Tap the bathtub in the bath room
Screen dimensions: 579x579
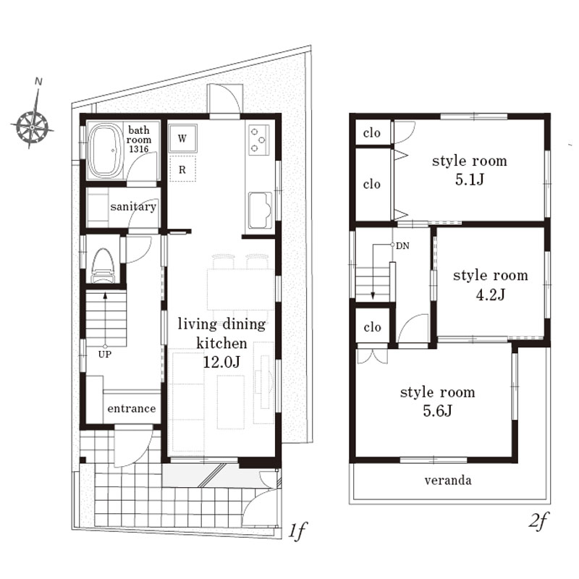[x=106, y=151]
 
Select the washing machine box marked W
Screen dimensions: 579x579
[x=182, y=138]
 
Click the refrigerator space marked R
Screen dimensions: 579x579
[x=182, y=169]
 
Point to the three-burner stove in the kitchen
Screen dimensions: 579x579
[x=258, y=139]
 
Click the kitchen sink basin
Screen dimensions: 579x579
[x=261, y=210]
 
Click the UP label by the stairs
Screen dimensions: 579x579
[x=105, y=355]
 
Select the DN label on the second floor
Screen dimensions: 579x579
[x=402, y=246]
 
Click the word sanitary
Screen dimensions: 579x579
[x=133, y=206]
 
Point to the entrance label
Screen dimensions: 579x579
[x=132, y=408]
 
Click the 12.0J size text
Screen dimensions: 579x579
[x=221, y=363]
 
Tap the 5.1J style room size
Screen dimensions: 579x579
[x=469, y=179]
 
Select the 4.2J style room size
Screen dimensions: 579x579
[x=491, y=295]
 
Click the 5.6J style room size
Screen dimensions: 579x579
[x=438, y=411]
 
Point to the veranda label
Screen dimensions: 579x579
[x=448, y=481]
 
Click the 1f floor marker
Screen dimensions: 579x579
[x=297, y=532]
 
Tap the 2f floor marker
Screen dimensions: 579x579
[x=538, y=521]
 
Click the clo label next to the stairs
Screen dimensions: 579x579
[x=372, y=327]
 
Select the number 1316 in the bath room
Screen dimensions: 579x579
[x=138, y=149]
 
